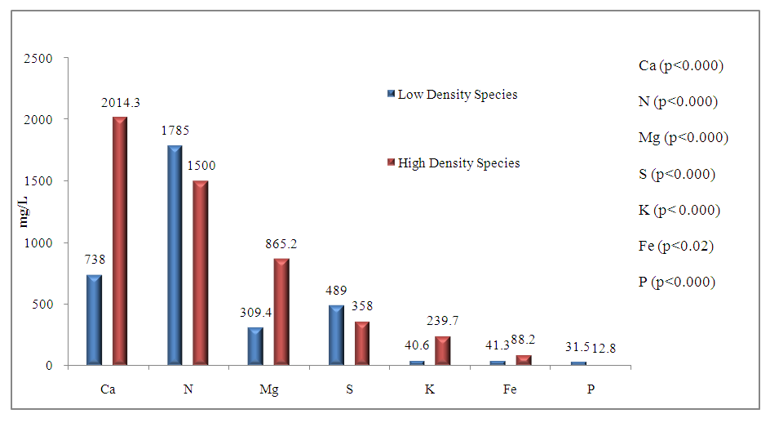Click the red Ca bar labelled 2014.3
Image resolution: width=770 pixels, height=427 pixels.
point(120,241)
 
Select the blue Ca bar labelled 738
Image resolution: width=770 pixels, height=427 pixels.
point(94,320)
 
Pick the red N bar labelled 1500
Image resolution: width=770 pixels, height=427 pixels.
point(201,273)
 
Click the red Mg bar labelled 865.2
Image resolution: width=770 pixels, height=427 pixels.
point(281,312)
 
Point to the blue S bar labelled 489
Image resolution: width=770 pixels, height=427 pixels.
point(336,336)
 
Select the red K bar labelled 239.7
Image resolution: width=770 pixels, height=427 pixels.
point(443,351)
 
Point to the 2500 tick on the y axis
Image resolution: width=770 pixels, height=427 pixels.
point(38,59)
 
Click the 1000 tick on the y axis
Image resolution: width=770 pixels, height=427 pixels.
point(38,242)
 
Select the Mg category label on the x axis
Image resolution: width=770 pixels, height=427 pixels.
point(268,389)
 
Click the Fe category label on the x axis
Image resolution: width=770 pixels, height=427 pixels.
point(510,389)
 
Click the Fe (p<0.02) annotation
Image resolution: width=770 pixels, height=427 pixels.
point(676,246)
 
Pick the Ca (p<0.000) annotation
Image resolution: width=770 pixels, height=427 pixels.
point(681,66)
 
